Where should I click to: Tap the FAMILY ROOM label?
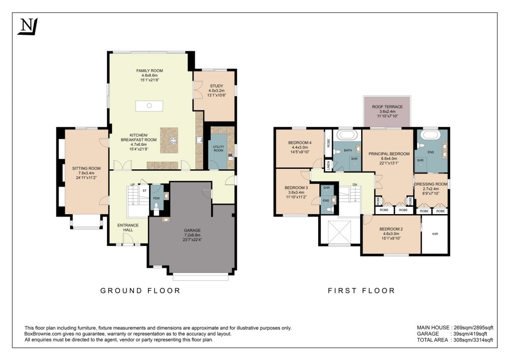click(x=150, y=71)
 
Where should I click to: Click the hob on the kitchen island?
click(x=173, y=140)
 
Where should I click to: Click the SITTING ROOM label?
click(x=83, y=168)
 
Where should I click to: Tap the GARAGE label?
click(x=192, y=230)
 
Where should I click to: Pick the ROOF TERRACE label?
click(x=387, y=107)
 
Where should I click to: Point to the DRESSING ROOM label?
click(x=431, y=184)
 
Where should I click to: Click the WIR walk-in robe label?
click(x=435, y=233)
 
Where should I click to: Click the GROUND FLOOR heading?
click(x=140, y=290)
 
